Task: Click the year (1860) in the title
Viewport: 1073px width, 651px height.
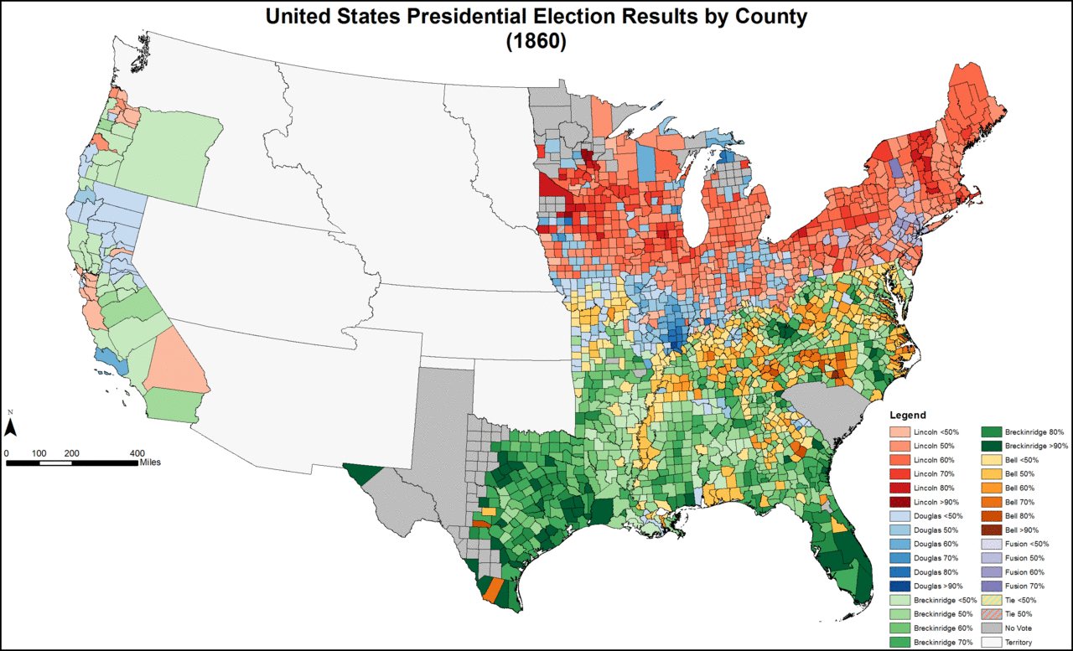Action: click(x=536, y=42)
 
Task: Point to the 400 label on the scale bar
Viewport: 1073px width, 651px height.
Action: click(x=137, y=452)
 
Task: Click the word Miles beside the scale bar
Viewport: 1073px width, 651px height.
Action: click(x=150, y=462)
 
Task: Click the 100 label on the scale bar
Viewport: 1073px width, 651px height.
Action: click(x=39, y=452)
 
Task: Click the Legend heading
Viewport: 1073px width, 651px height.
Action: click(x=908, y=415)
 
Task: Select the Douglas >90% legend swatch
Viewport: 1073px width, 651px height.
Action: click(x=901, y=586)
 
